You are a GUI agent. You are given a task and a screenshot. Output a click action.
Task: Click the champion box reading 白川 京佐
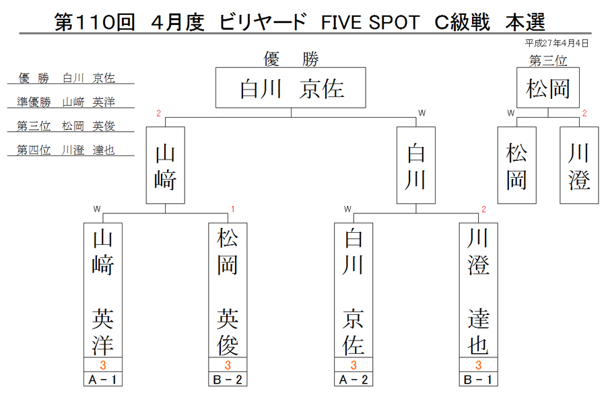coord(291,87)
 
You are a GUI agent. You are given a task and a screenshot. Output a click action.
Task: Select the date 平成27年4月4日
coord(557,43)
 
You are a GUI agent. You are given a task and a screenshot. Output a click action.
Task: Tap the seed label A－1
coord(103,379)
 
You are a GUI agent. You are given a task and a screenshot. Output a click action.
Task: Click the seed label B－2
coord(228,379)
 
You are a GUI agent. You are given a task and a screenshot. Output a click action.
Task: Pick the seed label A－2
coord(353,379)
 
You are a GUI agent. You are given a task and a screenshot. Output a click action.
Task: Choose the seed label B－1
coord(479,379)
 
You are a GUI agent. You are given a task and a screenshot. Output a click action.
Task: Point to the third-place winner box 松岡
coord(548,87)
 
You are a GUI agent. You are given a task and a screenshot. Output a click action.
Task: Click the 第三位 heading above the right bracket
coord(548,61)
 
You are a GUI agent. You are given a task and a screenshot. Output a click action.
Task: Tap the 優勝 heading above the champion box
coord(291,59)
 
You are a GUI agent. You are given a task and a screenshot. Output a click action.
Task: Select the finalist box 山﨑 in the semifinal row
coord(166,166)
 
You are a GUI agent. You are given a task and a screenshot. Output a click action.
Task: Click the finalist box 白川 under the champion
coord(416,166)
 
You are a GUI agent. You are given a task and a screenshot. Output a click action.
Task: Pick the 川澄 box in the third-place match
coord(579,166)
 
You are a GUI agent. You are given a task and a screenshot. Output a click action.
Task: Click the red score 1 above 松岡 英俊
coord(233,209)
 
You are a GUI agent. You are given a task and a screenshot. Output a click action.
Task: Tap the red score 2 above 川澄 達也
coord(483,209)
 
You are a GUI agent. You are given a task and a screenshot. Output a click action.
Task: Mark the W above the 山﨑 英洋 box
coord(96,209)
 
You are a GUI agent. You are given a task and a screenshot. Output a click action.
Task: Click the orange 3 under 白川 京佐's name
coord(353,365)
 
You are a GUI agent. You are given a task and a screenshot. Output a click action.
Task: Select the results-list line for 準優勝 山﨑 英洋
coord(66,102)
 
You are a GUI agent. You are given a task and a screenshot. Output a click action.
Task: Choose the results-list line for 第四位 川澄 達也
coord(66,150)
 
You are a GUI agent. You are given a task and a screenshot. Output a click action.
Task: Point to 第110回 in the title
coord(95,22)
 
